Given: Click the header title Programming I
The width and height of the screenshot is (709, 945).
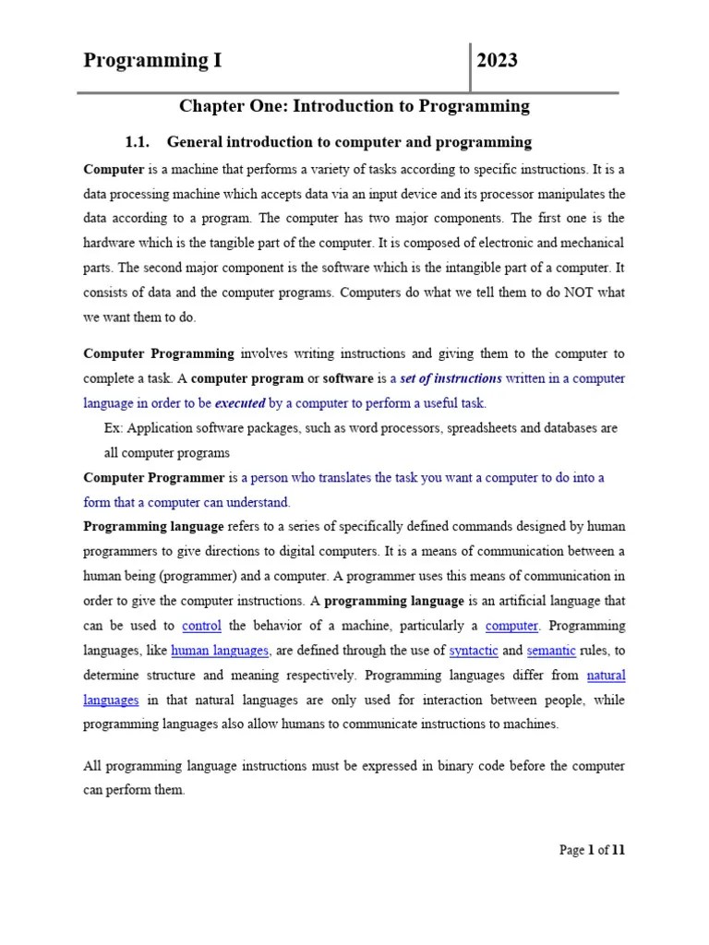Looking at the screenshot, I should tap(152, 62).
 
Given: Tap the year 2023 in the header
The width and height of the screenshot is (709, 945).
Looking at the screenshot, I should tap(498, 62).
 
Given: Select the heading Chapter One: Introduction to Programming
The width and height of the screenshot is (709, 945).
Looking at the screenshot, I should tap(354, 106).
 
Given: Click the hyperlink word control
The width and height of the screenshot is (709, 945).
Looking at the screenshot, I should tap(201, 626).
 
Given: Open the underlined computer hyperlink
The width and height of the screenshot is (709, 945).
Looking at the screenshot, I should tap(511, 626).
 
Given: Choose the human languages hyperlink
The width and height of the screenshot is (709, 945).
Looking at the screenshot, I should tap(220, 651).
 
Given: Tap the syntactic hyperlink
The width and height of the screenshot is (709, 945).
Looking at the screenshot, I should tap(473, 651).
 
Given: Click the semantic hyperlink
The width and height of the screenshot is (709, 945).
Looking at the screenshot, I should tap(551, 651).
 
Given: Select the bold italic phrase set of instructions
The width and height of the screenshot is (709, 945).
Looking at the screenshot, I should tap(451, 378).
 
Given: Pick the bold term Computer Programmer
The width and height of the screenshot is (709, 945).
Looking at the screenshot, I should tap(154, 478).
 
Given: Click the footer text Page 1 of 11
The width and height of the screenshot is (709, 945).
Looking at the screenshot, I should tap(592, 850).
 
